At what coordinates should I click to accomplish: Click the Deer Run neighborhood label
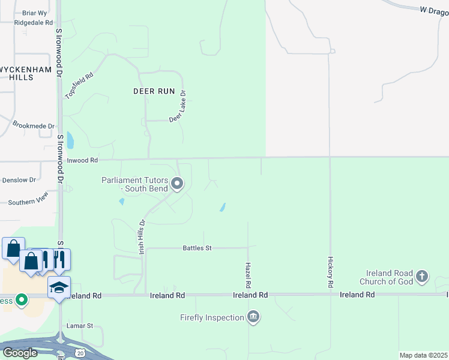[x=154, y=91]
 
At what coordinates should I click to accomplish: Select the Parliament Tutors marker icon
[x=177, y=184]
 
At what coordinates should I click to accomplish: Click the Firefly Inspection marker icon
[x=253, y=316]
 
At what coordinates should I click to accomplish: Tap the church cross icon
[x=422, y=277]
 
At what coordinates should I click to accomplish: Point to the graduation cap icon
[x=59, y=287]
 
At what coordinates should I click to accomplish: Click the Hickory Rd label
[x=330, y=274]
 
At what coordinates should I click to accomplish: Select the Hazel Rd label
[x=248, y=274]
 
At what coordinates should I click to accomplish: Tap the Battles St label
[x=197, y=248]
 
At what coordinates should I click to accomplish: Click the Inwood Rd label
[x=82, y=161]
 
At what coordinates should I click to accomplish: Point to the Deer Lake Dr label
[x=178, y=107]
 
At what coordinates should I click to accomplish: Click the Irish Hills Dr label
[x=142, y=238]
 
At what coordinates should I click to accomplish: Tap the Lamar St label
[x=81, y=326]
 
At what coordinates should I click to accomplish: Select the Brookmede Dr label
[x=34, y=125]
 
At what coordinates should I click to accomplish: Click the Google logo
[x=20, y=353]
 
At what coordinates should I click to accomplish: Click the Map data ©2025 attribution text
[x=423, y=355]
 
